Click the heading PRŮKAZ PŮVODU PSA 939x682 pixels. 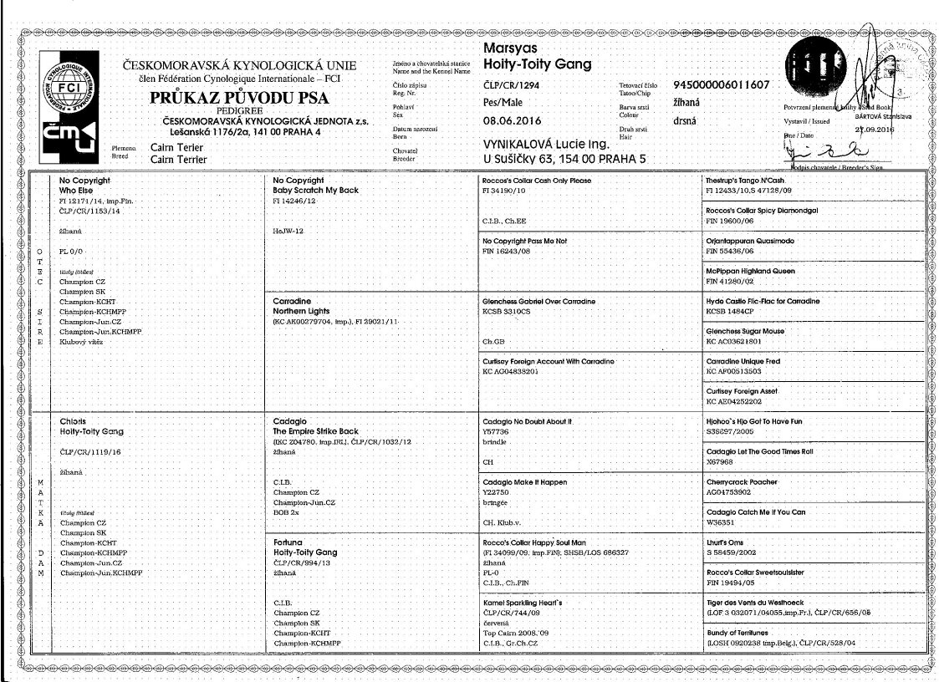(239, 98)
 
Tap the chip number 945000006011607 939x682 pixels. (721, 85)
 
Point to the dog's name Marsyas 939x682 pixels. (511, 48)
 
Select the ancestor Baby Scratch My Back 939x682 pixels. (316, 191)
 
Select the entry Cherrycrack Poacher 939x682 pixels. (739, 482)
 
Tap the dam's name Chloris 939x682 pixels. (73, 421)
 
